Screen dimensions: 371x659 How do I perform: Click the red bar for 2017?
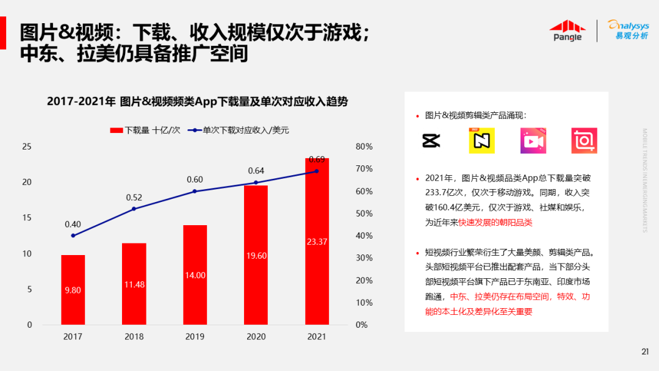[73, 290]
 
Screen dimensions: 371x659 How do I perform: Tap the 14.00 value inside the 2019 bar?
[195, 276]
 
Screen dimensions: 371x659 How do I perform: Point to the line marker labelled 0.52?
[134, 209]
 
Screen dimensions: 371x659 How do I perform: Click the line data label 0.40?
[73, 224]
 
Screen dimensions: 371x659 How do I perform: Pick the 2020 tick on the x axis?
[256, 336]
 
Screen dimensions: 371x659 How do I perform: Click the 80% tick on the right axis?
[364, 146]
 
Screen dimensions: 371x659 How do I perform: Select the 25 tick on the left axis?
[26, 146]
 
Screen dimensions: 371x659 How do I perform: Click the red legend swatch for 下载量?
[116, 130]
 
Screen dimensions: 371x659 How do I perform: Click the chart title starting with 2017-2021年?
[197, 102]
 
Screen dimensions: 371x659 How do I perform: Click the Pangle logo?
[567, 31]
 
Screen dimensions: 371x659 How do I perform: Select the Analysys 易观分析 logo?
[628, 29]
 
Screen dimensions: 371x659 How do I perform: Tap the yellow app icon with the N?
[481, 140]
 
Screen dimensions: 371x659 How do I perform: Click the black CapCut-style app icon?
[431, 140]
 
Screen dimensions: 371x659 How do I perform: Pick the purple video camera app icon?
[533, 140]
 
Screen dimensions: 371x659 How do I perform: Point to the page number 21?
[645, 351]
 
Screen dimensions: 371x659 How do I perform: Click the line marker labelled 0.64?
[256, 182]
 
